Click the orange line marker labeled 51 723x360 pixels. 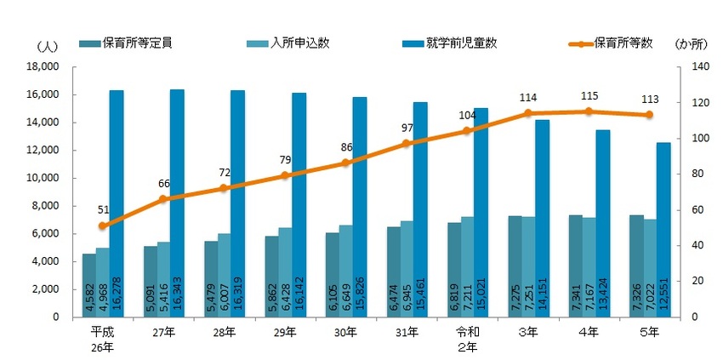(x=102, y=226)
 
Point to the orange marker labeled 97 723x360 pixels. (x=406, y=144)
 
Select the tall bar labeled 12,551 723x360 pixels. (x=663, y=230)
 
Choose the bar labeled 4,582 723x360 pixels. (x=88, y=285)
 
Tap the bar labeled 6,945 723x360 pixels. (x=407, y=269)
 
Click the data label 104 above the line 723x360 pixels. (x=467, y=115)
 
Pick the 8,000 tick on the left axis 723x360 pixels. (x=43, y=206)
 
